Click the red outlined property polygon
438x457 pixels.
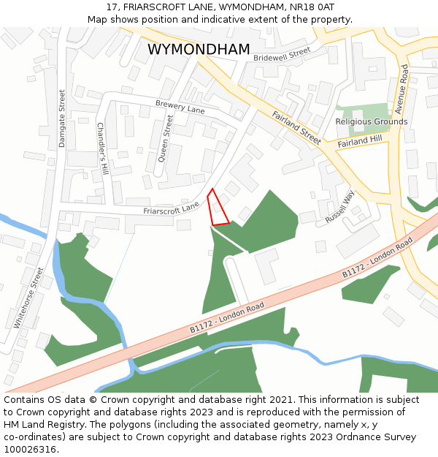point(217,210)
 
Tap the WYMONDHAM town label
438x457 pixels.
point(199,50)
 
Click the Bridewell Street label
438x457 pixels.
point(282,55)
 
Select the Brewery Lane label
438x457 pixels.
point(180,107)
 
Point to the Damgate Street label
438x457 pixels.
point(62,118)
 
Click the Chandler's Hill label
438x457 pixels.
point(102,148)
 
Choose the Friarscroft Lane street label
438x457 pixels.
point(172,208)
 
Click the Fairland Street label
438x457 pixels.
point(296,127)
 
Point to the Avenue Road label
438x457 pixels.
point(402,88)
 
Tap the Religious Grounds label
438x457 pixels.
point(372,121)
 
